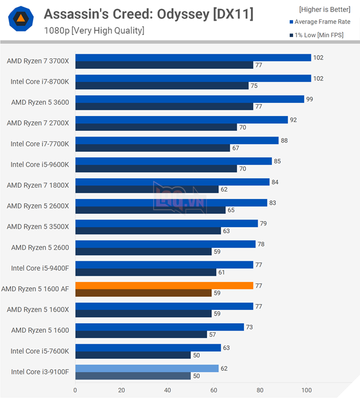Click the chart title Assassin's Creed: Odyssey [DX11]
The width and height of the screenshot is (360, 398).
click(x=141, y=13)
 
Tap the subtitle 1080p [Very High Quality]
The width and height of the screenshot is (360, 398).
click(x=94, y=30)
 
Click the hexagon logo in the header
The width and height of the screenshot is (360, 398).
click(x=20, y=21)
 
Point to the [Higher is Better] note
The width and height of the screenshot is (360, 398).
click(x=324, y=9)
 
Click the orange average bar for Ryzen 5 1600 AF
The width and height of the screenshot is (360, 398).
click(x=164, y=285)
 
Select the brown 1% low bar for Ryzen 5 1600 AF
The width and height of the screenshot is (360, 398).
click(x=143, y=293)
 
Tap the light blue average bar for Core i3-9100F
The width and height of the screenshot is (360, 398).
click(x=147, y=368)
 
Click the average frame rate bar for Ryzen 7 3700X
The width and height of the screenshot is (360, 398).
click(x=193, y=57)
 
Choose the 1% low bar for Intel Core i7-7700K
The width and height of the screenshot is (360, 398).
click(x=153, y=148)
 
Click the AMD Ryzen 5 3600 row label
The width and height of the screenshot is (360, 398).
click(x=40, y=102)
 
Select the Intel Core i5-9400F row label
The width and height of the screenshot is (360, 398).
click(x=39, y=268)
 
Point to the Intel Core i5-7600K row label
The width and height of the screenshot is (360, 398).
click(x=39, y=351)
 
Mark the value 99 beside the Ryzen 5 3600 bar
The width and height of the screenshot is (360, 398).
click(x=309, y=99)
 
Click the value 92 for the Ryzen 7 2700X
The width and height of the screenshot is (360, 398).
click(x=293, y=120)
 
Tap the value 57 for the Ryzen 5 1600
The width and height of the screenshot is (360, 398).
click(x=212, y=335)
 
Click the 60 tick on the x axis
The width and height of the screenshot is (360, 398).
click(x=214, y=391)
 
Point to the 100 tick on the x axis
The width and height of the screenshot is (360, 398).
click(x=306, y=391)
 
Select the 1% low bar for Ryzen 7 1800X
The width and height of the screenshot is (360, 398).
click(x=147, y=189)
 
